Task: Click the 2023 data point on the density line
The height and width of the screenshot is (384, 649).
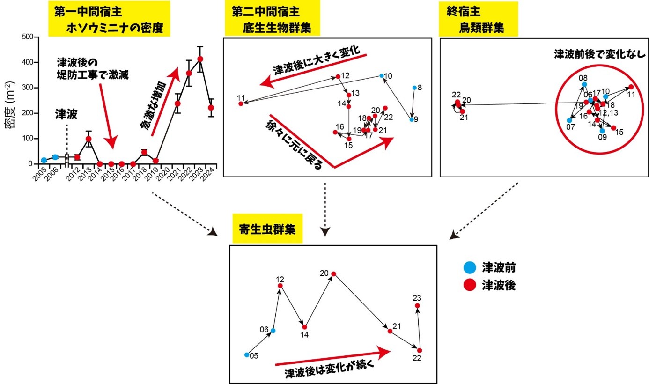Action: point(200,59)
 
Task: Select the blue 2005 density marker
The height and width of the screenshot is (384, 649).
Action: point(44,160)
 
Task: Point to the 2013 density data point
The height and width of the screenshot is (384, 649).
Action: point(88,139)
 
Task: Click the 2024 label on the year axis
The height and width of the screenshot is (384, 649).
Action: point(210,176)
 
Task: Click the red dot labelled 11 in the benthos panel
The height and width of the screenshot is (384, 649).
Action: point(241,103)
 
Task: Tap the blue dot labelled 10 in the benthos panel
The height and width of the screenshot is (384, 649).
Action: point(382,76)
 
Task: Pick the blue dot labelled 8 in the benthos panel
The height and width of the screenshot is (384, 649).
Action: point(414,88)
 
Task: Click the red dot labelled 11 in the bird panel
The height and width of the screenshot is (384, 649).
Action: point(631,87)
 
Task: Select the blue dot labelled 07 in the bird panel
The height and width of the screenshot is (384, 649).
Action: point(569,120)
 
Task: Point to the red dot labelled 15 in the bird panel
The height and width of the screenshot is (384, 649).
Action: point(613,128)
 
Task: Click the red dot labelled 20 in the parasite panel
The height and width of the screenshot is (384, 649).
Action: point(333,274)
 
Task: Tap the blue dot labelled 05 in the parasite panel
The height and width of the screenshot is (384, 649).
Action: point(247,354)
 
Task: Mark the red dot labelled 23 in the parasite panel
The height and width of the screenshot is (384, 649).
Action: point(418,306)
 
